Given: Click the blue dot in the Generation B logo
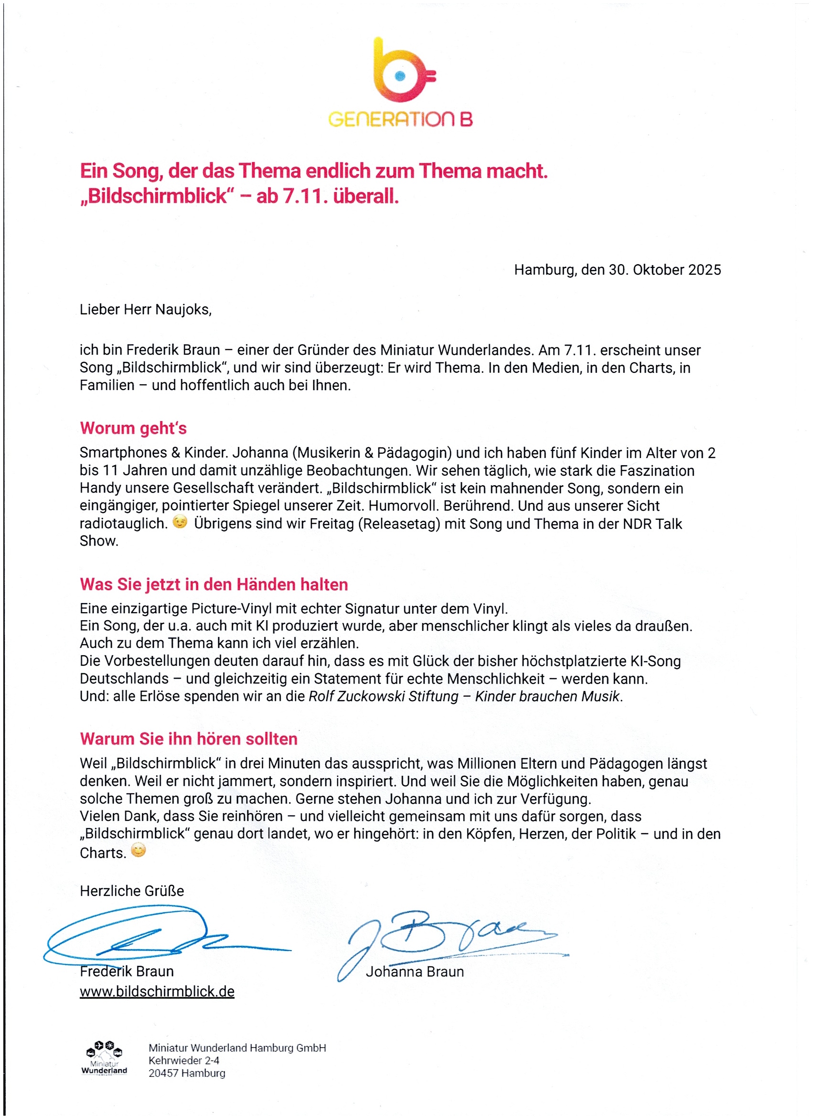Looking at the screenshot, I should [x=400, y=76].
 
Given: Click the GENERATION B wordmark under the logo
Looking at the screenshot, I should [x=400, y=119].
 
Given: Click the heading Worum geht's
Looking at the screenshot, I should [x=133, y=428].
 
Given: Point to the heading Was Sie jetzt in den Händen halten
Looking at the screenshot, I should [x=213, y=585].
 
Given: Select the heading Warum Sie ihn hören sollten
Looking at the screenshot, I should [x=188, y=739].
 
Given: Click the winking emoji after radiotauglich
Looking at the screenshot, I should [x=180, y=522].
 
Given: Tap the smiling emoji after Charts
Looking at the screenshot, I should [x=139, y=850].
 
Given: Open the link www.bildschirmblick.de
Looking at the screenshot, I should [x=157, y=992].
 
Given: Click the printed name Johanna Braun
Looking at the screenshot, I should [x=415, y=972].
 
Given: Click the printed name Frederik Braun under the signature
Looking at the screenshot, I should [x=127, y=972].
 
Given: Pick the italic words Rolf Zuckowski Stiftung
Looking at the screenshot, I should [x=383, y=696].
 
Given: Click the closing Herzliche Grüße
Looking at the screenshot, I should [x=132, y=891].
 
